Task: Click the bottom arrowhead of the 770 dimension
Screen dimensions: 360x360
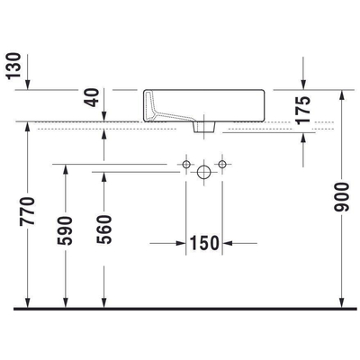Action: coord(29,301)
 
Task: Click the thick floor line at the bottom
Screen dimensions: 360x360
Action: coord(180,308)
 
